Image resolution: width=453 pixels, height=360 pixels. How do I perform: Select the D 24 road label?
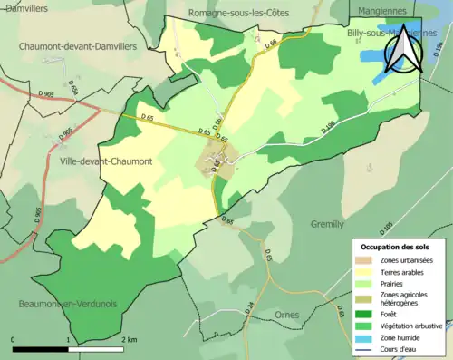point(249,334)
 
